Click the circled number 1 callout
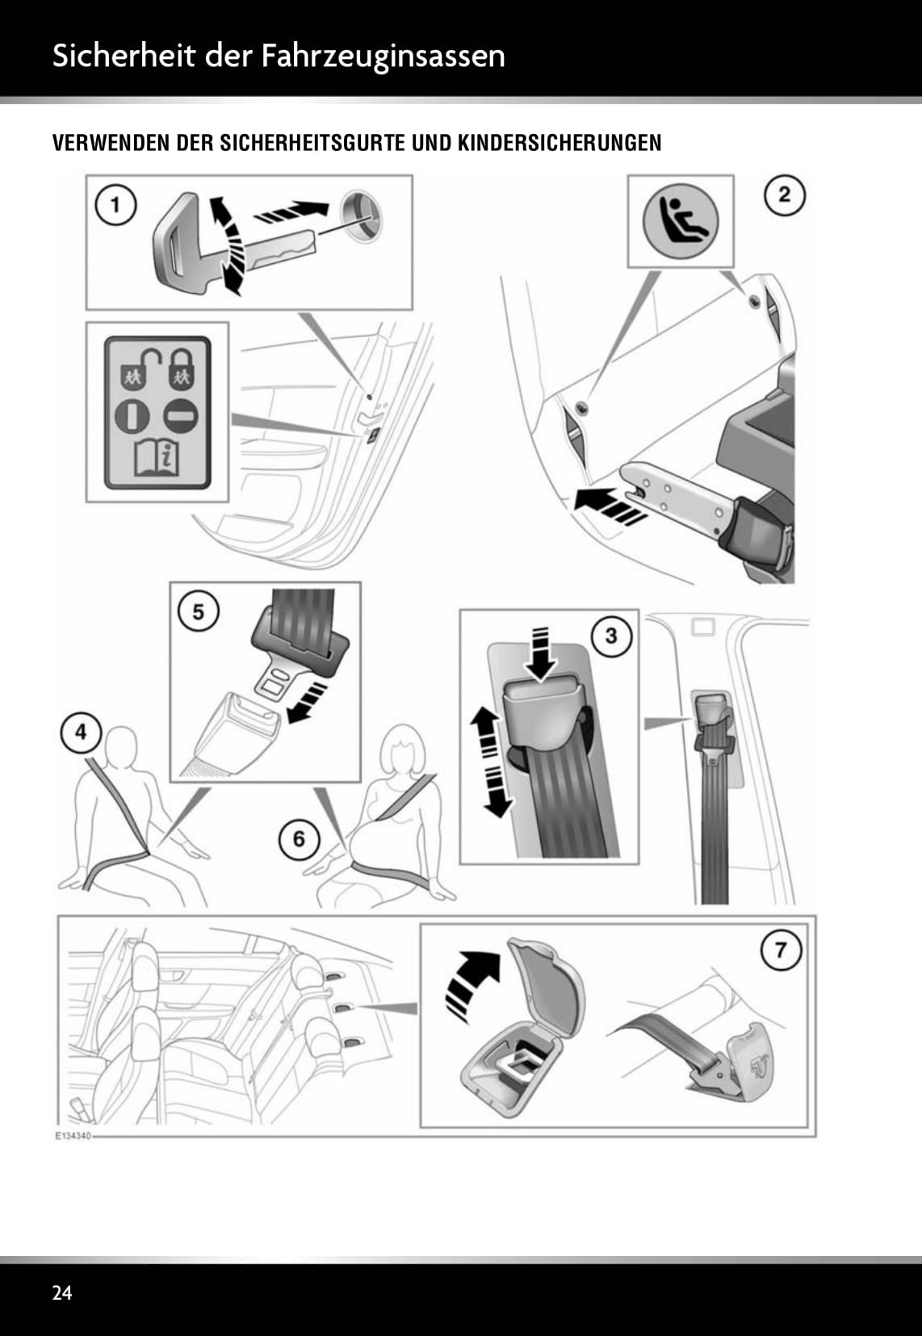[x=116, y=205]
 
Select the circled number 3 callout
[x=611, y=636]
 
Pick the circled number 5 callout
[x=198, y=611]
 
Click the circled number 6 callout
[x=299, y=839]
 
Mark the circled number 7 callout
[x=781, y=949]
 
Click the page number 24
[x=62, y=1293]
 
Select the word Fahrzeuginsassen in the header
[x=383, y=57]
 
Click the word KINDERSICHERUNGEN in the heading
[x=559, y=144]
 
